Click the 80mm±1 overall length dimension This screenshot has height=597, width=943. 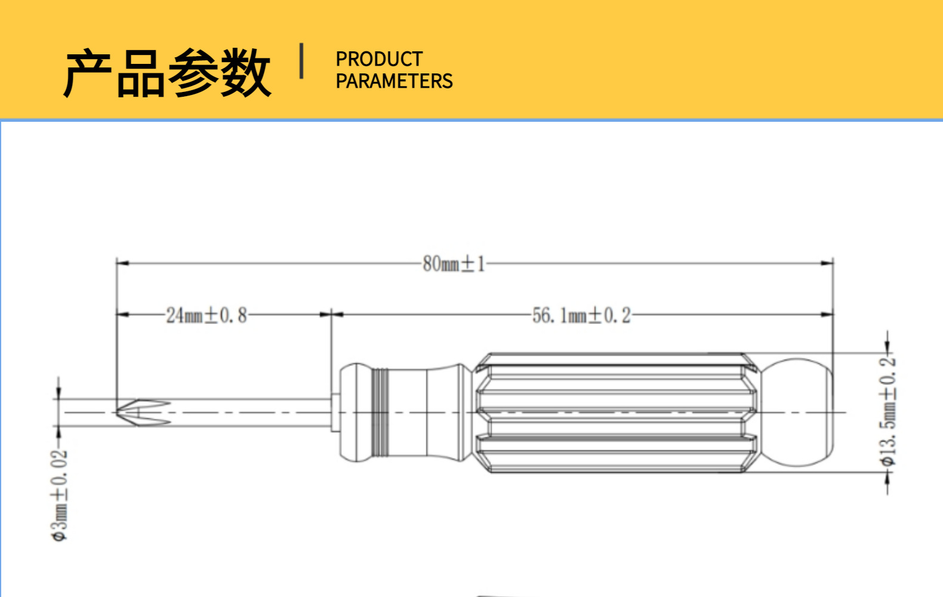coord(454,263)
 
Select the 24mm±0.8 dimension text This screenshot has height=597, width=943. coord(206,315)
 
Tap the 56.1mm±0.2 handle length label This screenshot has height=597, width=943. coord(581,315)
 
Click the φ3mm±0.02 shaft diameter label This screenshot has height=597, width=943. coord(60,496)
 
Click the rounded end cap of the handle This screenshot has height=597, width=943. coord(800,413)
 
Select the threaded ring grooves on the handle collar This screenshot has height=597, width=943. coord(380,413)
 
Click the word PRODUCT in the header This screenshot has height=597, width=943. coord(379,59)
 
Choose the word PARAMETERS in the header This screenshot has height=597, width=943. coord(394,81)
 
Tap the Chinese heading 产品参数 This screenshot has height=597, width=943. coord(167,73)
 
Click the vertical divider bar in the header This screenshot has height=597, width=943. coord(301,60)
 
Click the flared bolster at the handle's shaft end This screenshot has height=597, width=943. coord(355,413)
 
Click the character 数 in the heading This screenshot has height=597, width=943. coord(245,73)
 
